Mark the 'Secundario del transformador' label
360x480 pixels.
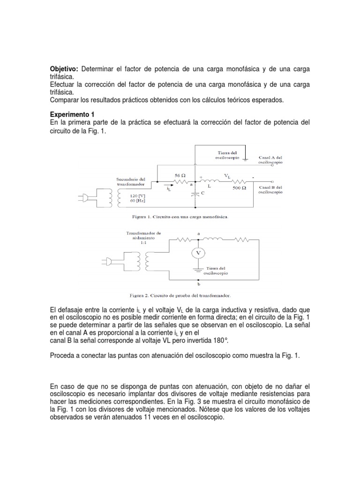(130, 181)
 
